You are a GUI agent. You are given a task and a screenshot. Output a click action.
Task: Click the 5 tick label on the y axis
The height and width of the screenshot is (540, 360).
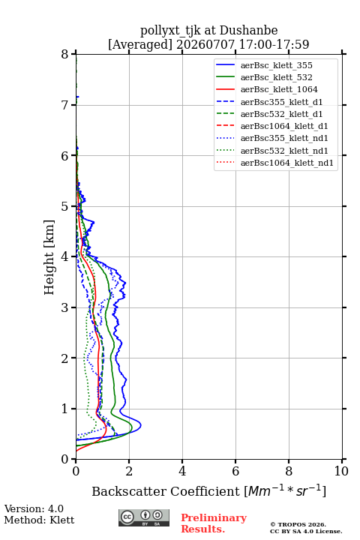tap(65, 206)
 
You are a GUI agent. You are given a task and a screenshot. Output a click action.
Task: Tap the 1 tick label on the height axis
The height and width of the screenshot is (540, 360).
tap(65, 409)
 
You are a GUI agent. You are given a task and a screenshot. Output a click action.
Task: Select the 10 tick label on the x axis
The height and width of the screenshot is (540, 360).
tap(341, 471)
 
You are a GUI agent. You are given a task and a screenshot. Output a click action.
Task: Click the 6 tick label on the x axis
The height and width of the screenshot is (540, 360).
tap(235, 471)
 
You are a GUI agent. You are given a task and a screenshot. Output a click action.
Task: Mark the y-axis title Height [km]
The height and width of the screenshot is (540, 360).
tap(49, 257)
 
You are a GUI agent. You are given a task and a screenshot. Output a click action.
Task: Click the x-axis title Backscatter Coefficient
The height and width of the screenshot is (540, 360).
tap(166, 491)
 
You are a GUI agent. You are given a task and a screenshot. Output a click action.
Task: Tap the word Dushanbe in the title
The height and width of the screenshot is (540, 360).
tap(248, 31)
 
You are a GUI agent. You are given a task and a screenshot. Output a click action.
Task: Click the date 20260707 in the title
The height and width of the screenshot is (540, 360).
tap(205, 44)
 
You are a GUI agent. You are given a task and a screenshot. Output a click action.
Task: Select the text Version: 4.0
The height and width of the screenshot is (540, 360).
tap(34, 508)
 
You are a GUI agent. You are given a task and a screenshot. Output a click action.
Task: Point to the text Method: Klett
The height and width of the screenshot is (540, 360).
tap(39, 520)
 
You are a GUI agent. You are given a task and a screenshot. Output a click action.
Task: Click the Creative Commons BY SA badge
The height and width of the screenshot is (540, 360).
tap(144, 517)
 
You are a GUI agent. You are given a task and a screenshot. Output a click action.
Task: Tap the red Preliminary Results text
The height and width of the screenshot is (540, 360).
tap(214, 523)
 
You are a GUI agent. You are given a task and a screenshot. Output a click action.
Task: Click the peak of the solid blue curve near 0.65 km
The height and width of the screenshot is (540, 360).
tap(141, 426)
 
